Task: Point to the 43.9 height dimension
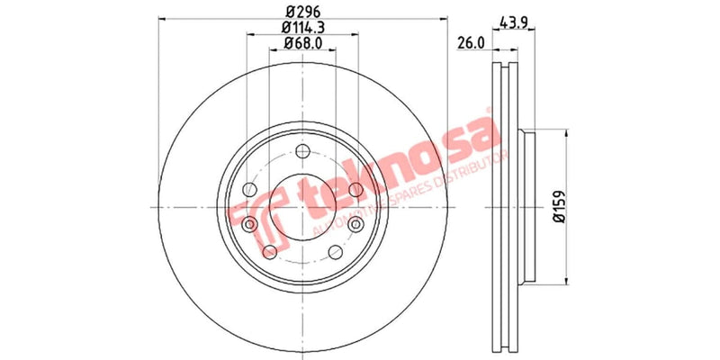coord(512,23)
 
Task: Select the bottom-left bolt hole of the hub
coord(269,250)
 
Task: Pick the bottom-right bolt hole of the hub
coord(336,250)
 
